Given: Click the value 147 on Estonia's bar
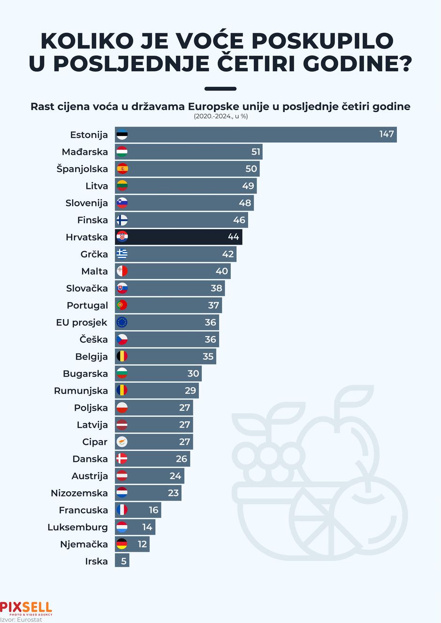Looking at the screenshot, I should tap(386, 135).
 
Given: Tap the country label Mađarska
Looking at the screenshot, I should tap(85, 152).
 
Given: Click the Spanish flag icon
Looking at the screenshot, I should tap(122, 169).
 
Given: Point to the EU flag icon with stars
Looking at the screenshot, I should tap(122, 323).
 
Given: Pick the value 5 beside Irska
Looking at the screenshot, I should tap(123, 561).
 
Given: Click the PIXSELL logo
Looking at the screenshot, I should tap(26, 608).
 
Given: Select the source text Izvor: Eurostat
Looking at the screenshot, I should tap(21, 620).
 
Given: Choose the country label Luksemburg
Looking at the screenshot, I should tap(77, 527).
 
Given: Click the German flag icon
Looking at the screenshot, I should tap(122, 544).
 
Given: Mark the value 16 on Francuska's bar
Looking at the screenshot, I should tap(153, 510).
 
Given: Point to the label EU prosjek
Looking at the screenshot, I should tap(82, 323).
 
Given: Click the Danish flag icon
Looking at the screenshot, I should tap(122, 459).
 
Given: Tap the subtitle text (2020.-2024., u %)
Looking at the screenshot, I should tap(220, 116).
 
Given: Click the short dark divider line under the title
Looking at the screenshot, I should tap(220, 89).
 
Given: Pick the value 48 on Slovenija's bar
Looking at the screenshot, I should tap(245, 203).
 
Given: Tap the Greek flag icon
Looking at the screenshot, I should tap(122, 254).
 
